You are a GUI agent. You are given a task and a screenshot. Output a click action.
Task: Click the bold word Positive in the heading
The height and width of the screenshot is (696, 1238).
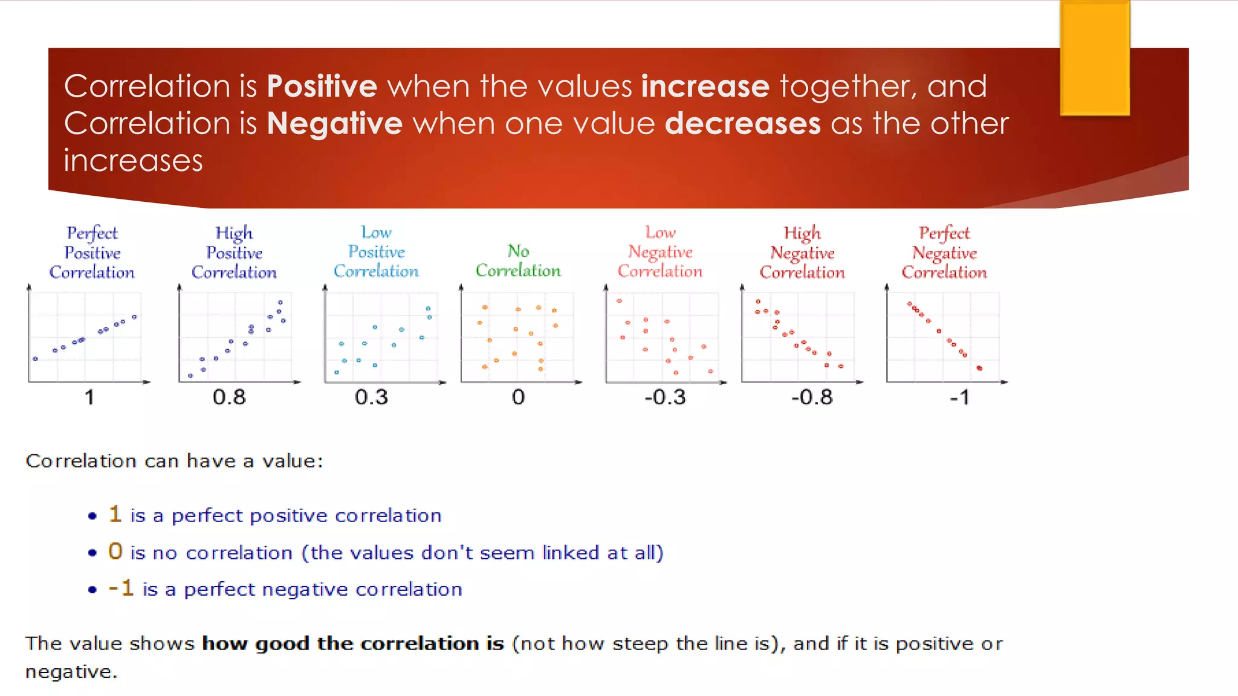coord(322,86)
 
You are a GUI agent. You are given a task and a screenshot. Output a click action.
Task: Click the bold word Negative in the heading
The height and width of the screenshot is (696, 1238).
coord(334,123)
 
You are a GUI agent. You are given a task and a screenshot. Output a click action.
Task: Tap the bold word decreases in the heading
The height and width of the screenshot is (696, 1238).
coord(742,123)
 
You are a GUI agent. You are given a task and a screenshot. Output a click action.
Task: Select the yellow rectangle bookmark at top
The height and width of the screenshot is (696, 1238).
coord(1095,58)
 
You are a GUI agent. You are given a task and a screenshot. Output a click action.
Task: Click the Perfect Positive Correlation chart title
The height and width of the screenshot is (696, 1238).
coord(92,253)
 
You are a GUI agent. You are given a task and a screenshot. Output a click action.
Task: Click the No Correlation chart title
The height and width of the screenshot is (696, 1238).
coord(518,260)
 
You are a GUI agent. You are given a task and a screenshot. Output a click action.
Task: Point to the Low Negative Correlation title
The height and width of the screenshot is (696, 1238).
coord(660,252)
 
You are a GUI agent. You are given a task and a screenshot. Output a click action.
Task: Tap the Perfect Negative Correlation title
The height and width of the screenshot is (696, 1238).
coord(944,253)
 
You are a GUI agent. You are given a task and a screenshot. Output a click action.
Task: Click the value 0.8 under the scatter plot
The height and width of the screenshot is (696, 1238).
coord(229,397)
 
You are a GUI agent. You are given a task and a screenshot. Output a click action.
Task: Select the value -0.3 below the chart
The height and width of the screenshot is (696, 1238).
coord(665,397)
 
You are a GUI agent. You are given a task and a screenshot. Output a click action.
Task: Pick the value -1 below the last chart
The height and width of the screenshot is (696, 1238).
coord(959,397)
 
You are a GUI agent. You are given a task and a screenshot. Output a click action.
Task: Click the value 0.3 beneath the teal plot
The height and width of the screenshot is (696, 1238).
coord(371,397)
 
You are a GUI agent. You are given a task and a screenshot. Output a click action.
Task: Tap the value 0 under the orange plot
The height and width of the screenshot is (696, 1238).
coord(518,397)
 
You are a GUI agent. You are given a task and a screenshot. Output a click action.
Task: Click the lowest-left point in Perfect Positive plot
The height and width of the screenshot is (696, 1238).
coord(35,359)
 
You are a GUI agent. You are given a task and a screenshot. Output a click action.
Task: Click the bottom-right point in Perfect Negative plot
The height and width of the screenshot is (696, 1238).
coord(979,368)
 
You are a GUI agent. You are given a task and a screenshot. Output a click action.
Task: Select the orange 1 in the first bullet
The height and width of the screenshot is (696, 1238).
coord(115,514)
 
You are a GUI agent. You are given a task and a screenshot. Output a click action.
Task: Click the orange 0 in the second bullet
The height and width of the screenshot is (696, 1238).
coord(115,551)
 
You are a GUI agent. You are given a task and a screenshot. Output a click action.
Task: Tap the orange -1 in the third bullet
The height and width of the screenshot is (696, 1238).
coord(121,588)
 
